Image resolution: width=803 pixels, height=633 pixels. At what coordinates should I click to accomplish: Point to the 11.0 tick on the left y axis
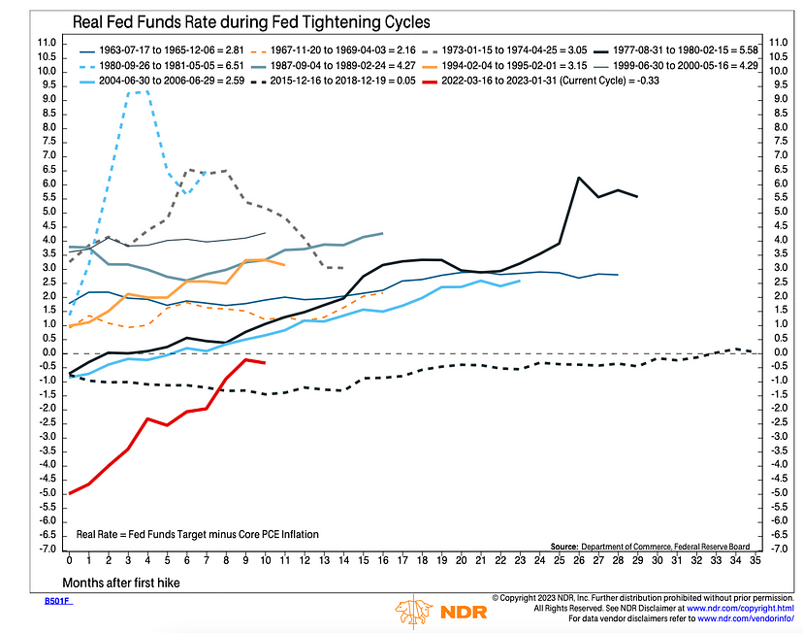click(46, 43)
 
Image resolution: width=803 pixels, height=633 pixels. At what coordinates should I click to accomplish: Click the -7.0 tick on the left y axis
click(46, 549)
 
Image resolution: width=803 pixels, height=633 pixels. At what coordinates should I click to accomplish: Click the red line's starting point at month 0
click(70, 493)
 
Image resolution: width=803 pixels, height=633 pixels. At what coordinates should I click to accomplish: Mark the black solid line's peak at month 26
click(578, 178)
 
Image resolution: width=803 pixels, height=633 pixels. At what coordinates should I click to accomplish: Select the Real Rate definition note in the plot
click(198, 534)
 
